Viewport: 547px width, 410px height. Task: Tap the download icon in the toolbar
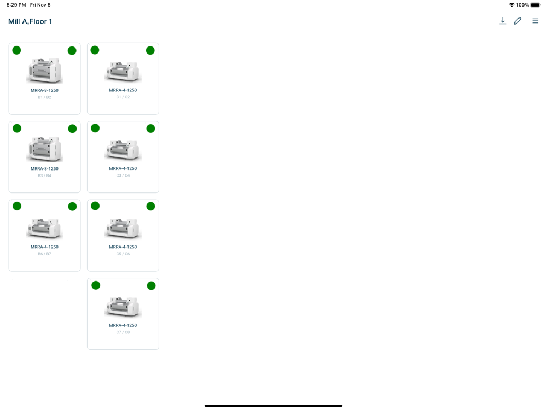click(503, 21)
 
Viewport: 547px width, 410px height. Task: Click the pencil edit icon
click(517, 21)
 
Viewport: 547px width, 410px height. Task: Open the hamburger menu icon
click(535, 21)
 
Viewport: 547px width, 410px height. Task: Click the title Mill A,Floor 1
click(30, 21)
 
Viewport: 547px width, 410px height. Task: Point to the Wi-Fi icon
click(511, 5)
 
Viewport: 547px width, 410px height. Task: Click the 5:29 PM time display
click(16, 5)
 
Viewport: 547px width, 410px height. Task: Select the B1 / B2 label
click(44, 97)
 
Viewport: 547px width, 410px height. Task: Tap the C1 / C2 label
click(123, 97)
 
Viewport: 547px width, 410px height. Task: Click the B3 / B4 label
click(44, 175)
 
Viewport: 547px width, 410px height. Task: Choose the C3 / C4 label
click(123, 175)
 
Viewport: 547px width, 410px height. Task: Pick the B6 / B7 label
click(44, 254)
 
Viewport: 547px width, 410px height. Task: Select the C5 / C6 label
click(123, 254)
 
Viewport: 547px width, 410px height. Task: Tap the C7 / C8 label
click(123, 332)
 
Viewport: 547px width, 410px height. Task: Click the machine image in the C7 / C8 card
click(123, 307)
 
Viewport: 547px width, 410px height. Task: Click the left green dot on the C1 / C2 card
click(95, 50)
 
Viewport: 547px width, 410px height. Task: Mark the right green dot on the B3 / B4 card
click(72, 128)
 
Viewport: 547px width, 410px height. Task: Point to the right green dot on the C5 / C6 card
click(150, 206)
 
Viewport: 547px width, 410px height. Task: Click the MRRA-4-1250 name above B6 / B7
click(44, 247)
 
